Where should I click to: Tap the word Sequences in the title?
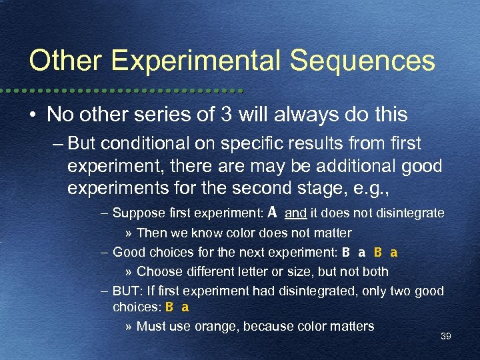362,61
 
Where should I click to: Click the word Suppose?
137,213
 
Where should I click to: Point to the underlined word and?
295,213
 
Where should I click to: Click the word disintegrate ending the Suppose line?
411,213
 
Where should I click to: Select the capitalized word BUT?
127,291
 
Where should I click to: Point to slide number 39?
445,337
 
